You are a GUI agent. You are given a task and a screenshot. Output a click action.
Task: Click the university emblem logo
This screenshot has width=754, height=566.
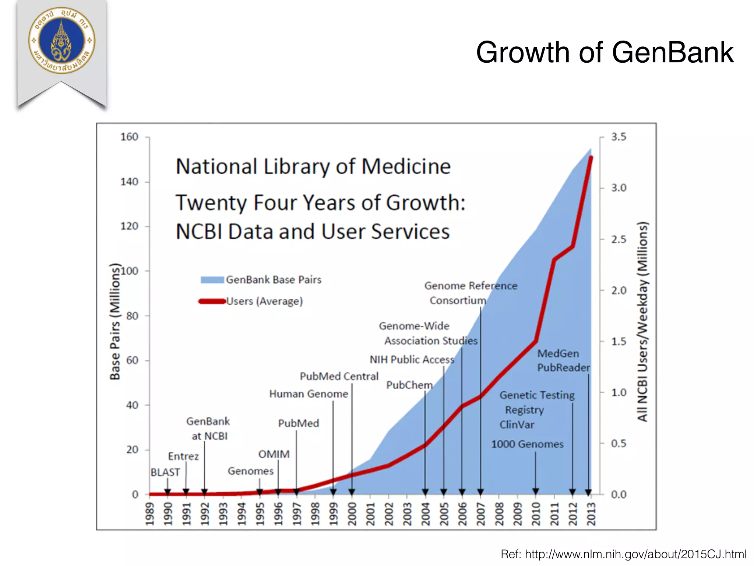click(x=62, y=41)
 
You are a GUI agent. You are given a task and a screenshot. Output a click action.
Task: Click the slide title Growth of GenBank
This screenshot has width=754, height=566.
click(x=605, y=53)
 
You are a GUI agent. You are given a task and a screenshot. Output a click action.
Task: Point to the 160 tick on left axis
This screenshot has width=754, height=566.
click(x=130, y=137)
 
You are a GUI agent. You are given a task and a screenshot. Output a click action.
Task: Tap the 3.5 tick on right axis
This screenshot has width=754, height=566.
click(x=619, y=137)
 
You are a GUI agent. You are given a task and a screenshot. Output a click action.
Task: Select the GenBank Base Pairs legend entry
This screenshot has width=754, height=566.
click(x=261, y=280)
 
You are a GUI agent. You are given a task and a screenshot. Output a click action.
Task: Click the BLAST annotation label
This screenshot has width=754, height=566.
click(x=165, y=472)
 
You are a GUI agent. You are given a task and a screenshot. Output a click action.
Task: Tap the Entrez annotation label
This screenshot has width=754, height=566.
click(x=183, y=457)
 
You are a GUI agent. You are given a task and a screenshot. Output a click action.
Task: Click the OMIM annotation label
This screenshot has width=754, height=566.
click(x=274, y=454)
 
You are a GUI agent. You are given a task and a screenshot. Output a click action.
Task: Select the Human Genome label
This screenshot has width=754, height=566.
click(x=309, y=394)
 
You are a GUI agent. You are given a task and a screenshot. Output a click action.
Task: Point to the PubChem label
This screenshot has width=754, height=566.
click(x=409, y=385)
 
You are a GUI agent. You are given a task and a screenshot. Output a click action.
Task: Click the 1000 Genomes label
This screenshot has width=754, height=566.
click(x=527, y=444)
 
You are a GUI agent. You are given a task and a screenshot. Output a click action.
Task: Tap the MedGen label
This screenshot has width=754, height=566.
click(x=558, y=354)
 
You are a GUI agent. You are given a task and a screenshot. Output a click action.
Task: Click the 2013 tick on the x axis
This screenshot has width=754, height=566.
click(x=591, y=514)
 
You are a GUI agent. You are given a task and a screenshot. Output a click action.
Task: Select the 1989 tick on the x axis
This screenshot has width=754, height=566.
click(x=149, y=514)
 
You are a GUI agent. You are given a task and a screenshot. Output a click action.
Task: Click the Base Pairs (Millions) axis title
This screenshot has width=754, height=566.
click(x=115, y=321)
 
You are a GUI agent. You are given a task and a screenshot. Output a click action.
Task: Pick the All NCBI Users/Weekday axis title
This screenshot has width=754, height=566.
click(x=642, y=321)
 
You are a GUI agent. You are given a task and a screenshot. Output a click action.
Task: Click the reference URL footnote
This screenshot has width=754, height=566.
click(x=623, y=554)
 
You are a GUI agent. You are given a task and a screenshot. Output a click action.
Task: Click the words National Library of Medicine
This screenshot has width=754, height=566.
click(x=313, y=167)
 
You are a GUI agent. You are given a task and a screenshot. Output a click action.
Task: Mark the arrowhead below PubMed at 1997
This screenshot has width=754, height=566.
click(x=296, y=492)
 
